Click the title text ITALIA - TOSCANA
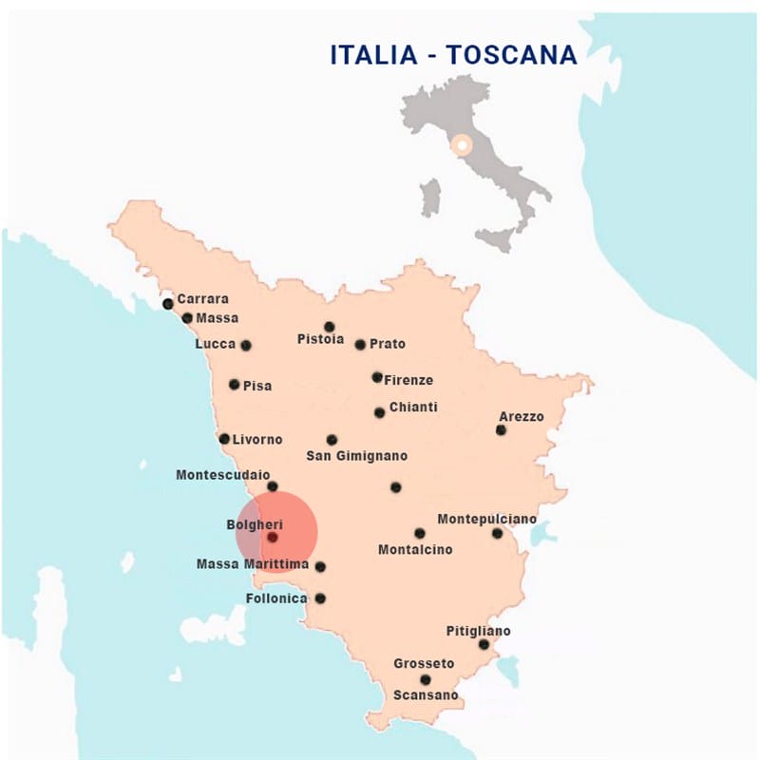(453, 55)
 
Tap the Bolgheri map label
(255, 524)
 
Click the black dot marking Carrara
(168, 304)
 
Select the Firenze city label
(408, 380)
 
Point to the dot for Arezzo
(501, 430)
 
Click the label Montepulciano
(486, 519)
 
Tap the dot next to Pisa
(235, 385)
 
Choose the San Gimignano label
(356, 456)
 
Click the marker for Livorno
(224, 439)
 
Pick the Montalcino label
(415, 549)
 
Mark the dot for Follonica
(320, 598)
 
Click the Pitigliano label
(478, 631)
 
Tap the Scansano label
(426, 695)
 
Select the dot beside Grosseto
(426, 679)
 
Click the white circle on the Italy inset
(462, 145)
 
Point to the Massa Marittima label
(253, 564)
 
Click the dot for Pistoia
(330, 327)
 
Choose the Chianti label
(413, 407)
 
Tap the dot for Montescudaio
(273, 486)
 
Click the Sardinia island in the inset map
(431, 198)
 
